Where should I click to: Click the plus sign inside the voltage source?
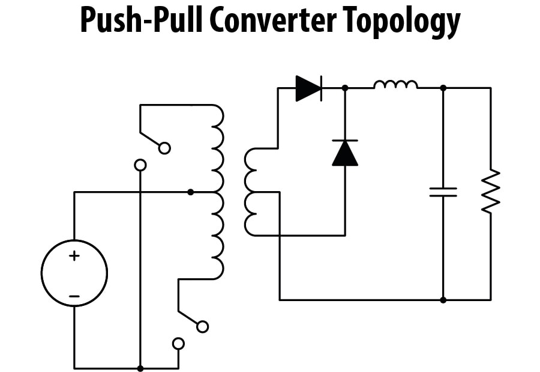point(74,256)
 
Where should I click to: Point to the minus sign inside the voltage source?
point(74,296)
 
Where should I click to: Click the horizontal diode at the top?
point(308,88)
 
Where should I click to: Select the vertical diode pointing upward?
point(345,153)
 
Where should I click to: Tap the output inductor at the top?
point(395,85)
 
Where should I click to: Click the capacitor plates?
point(443,192)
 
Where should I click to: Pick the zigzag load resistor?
point(490,191)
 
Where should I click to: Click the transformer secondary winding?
point(250,192)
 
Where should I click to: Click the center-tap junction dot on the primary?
point(191,192)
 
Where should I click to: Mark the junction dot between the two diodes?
point(345,88)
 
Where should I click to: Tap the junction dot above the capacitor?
point(443,88)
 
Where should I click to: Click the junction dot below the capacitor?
point(443,299)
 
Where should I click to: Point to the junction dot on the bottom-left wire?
point(140,368)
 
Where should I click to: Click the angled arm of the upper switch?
point(151,139)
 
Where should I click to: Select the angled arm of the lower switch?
point(189,319)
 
